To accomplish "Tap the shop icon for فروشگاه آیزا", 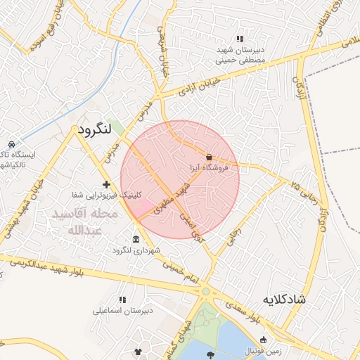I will pyautogui.click(x=209, y=157).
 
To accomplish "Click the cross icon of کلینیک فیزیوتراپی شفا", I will pyautogui.click(x=106, y=184).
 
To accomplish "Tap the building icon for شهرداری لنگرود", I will pyautogui.click(x=136, y=240).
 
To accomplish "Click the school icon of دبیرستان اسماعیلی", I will pyautogui.click(x=122, y=300).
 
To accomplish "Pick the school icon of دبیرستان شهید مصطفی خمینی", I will pyautogui.click(x=240, y=39).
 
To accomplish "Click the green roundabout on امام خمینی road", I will pyautogui.click(x=206, y=291).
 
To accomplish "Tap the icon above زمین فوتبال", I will pyautogui.click(x=264, y=340).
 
